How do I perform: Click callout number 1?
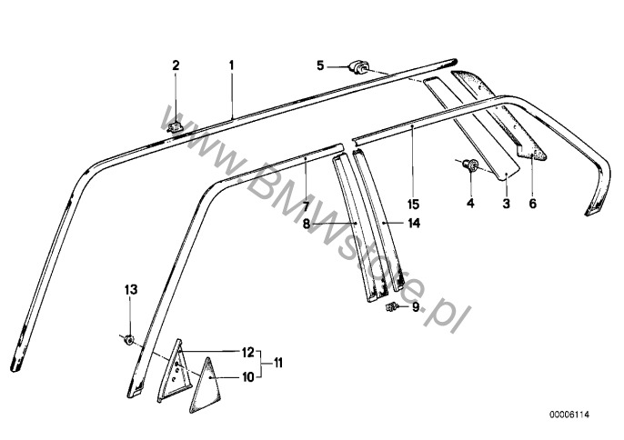pyautogui.click(x=231, y=65)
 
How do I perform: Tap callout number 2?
pyautogui.click(x=176, y=65)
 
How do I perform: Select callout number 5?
pyautogui.click(x=320, y=65)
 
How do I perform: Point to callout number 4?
pyautogui.click(x=470, y=204)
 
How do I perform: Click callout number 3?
pyautogui.click(x=506, y=204)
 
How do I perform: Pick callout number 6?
pyautogui.click(x=532, y=204)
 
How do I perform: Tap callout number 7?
pyautogui.click(x=306, y=195)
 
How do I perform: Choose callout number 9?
pyautogui.click(x=416, y=308)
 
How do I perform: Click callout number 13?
pyautogui.click(x=129, y=289)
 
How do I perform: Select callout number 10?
pyautogui.click(x=246, y=376)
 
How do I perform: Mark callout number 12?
pyautogui.click(x=246, y=352)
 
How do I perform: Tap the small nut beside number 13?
pyautogui.click(x=129, y=341)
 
